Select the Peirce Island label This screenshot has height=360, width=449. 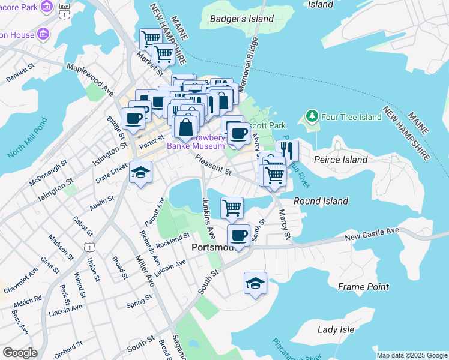(340, 160)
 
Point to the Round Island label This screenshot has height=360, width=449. (321, 201)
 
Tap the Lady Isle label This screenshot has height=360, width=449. (336, 329)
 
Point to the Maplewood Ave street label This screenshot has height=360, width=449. (90, 79)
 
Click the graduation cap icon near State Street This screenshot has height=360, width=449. (140, 173)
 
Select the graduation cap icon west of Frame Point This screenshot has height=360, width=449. (255, 283)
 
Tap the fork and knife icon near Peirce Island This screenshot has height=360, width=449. (287, 151)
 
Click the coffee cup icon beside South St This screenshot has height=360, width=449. (238, 235)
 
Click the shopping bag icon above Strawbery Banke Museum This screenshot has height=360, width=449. (185, 127)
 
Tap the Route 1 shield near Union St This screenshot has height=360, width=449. (89, 247)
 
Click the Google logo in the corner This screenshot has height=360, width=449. (20, 352)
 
